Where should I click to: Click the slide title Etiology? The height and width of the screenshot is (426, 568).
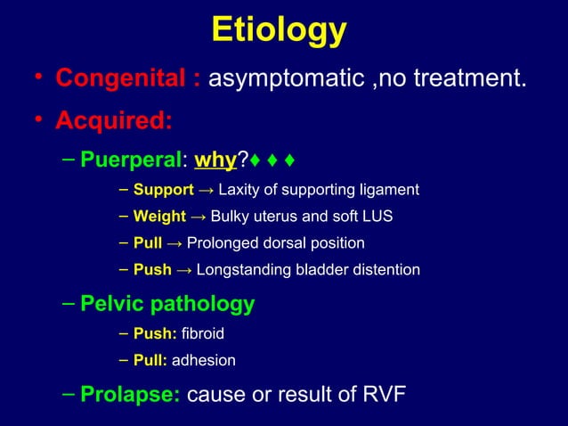click(279, 30)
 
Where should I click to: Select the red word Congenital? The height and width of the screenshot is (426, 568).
click(120, 78)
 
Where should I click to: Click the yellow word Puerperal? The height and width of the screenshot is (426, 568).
click(130, 160)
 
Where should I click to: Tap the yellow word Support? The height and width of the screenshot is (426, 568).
click(163, 190)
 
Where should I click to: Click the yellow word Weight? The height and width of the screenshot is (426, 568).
click(159, 217)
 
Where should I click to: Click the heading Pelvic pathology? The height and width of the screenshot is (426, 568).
click(167, 304)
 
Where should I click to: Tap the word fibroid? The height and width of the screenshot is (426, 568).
click(202, 334)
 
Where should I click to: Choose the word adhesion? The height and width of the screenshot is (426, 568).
click(203, 361)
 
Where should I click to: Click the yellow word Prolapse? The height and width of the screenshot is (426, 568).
click(130, 395)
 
